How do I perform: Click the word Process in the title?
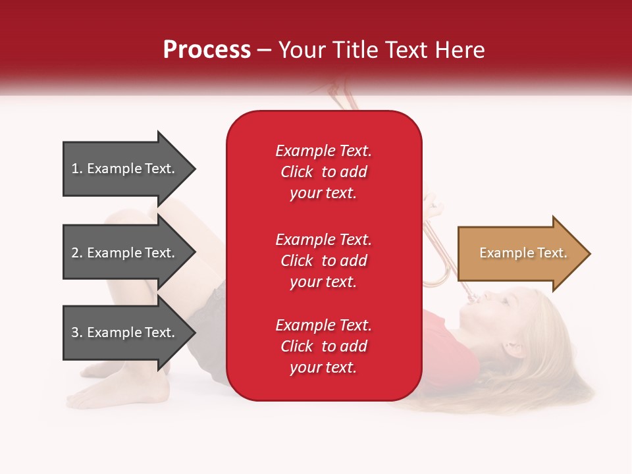(207, 50)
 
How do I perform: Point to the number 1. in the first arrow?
(77, 169)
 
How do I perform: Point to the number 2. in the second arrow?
(77, 253)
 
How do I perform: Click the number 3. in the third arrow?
(77, 332)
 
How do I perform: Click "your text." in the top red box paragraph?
(323, 194)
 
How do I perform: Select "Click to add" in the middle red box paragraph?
(323, 261)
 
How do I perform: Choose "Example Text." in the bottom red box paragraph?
(323, 325)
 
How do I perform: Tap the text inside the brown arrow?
(523, 253)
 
